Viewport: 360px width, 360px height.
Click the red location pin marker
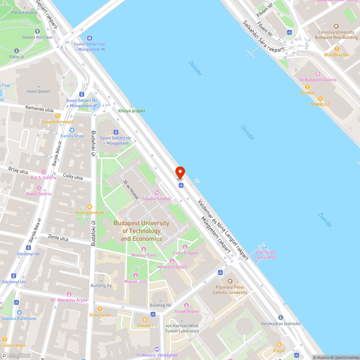180,173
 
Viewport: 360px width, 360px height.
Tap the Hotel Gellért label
39,91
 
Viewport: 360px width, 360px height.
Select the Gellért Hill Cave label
37,37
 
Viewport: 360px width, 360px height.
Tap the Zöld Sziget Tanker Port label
266,255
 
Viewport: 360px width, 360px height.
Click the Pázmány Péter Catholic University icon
230,281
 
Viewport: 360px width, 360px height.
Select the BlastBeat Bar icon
337,48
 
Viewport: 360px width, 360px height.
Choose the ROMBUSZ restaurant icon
320,98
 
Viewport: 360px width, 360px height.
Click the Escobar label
307,93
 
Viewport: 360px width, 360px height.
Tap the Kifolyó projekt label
132,111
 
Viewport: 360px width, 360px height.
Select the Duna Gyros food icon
100,309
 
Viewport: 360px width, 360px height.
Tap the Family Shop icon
72,130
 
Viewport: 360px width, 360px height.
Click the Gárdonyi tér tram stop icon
28,248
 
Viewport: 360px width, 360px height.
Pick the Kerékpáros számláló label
281,323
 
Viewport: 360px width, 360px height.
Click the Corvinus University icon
336,27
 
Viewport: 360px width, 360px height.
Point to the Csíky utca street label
73,177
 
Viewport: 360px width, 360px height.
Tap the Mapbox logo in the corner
16,355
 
